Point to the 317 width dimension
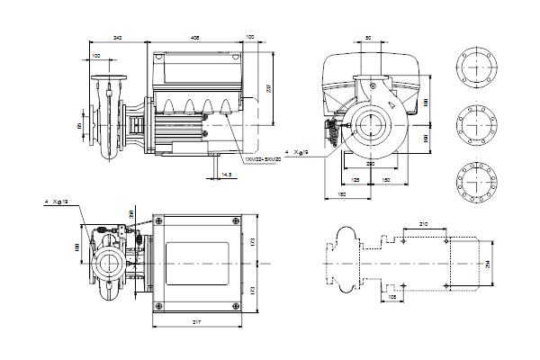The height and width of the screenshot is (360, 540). (197, 321)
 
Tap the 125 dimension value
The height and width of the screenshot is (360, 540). (355, 181)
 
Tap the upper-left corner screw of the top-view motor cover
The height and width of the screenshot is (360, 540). (158, 221)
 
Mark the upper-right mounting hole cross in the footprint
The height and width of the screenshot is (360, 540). (450, 240)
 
